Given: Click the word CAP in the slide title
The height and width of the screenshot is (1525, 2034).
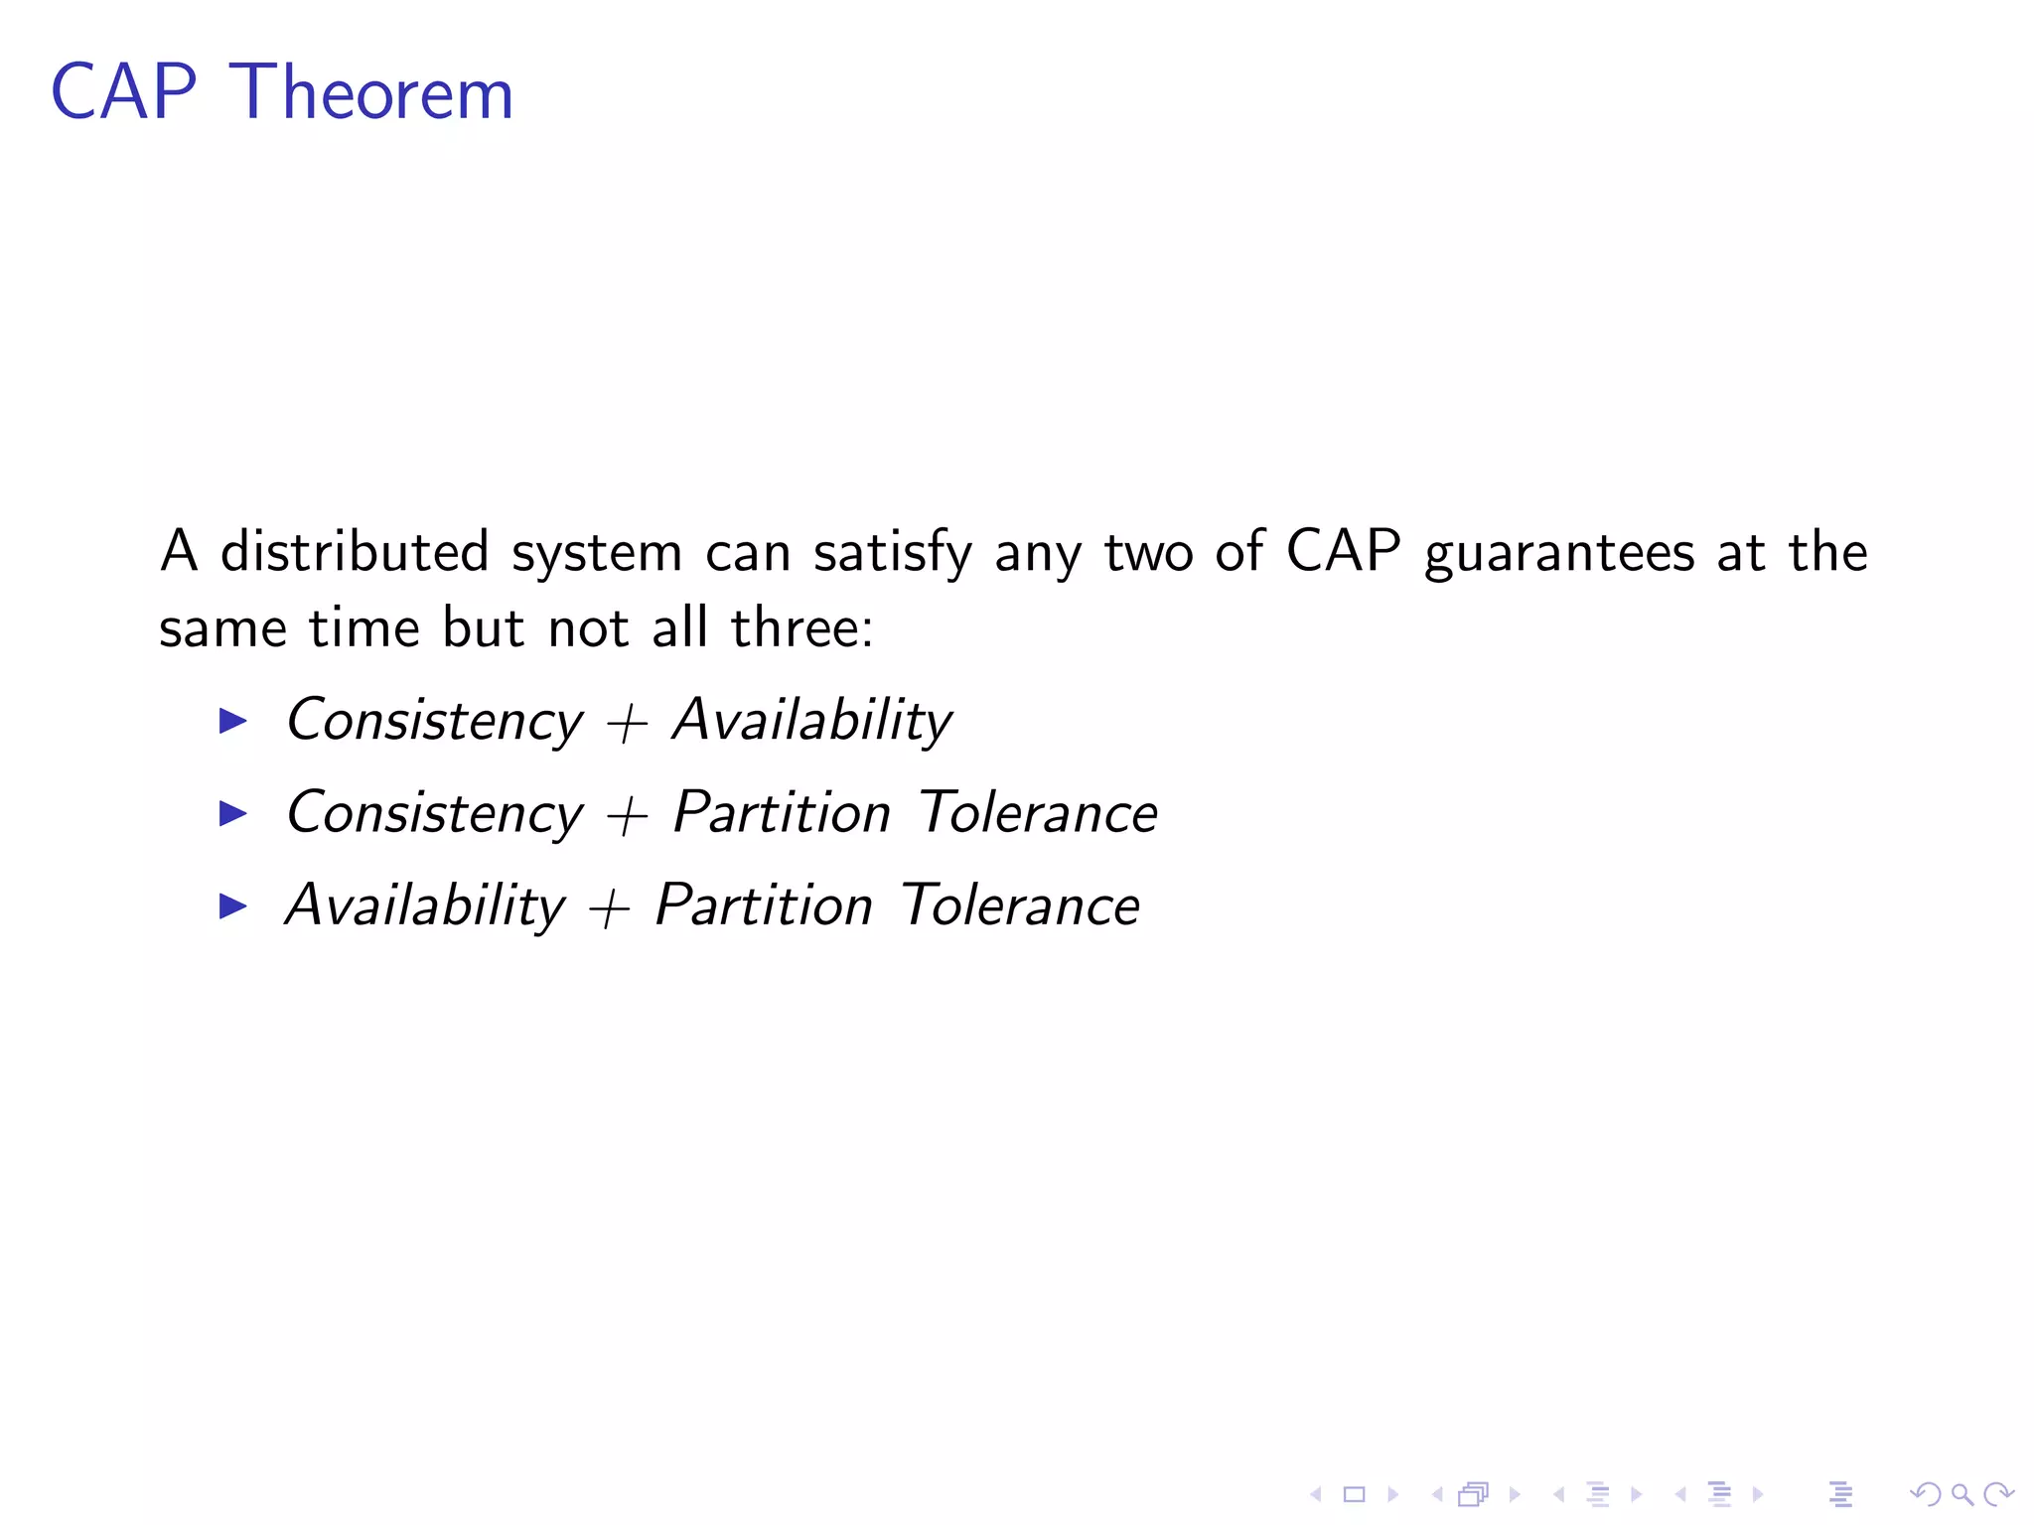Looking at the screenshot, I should tap(124, 93).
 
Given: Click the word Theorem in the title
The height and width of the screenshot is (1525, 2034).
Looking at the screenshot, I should tap(371, 93).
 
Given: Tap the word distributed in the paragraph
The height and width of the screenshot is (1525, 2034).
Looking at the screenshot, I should tap(355, 552).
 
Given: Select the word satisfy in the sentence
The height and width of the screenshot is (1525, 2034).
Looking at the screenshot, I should tap(892, 554).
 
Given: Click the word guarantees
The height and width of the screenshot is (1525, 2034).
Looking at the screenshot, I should tap(1559, 554).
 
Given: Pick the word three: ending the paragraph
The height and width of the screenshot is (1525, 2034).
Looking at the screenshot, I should tap(802, 627).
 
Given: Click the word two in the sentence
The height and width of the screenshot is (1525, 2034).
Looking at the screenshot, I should tap(1148, 552).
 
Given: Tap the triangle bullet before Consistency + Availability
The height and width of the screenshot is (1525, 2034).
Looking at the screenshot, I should tap(232, 721).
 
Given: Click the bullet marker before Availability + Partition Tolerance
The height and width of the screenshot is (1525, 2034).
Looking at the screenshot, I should tap(232, 905).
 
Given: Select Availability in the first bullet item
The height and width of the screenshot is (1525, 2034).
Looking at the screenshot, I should tap(812, 721).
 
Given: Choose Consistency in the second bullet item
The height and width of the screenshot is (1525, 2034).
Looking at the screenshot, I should tap(435, 814).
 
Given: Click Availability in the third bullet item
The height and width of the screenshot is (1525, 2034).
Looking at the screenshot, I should tap(425, 906).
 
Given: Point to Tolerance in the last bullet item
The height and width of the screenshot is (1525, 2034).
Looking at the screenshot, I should tap(1020, 906).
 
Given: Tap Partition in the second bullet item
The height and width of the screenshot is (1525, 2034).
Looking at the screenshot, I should tap(783, 814).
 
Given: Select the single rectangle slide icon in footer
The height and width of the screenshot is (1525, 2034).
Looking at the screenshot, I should tap(1354, 1494).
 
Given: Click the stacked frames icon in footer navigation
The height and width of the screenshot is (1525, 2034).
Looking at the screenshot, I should tap(1474, 1494).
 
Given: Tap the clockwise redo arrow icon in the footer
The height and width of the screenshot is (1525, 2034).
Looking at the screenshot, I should tap(1998, 1494).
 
